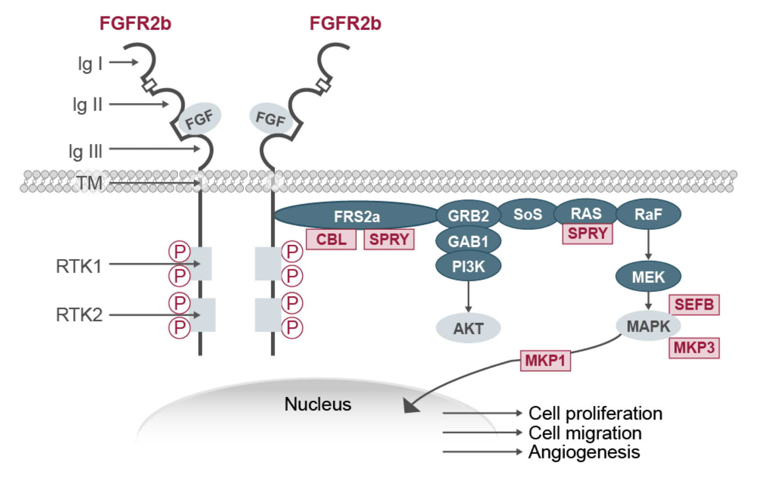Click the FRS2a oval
point(356,216)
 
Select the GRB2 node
point(468,216)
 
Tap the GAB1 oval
point(468,242)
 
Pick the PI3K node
point(468,267)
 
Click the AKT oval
point(468,328)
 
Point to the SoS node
point(528,215)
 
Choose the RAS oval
point(586,213)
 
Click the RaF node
point(648,215)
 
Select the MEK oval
point(648,277)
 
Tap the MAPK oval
point(648,326)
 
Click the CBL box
point(331,239)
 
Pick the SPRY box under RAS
point(587,234)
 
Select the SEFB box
point(694,304)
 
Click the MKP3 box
point(694,348)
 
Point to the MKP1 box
point(545,360)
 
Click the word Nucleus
point(318,404)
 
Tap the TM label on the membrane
point(90,182)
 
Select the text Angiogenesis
point(584,452)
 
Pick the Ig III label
point(85,151)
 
